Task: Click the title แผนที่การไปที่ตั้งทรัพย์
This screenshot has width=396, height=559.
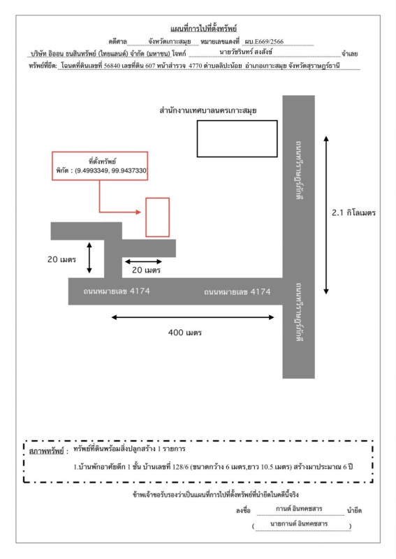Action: tap(203, 28)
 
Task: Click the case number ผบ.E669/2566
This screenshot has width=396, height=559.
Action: tap(264, 41)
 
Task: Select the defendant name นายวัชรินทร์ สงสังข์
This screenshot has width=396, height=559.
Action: tap(246, 52)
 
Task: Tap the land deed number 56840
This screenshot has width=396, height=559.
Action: tap(112, 66)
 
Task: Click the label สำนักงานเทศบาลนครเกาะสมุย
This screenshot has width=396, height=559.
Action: tap(208, 110)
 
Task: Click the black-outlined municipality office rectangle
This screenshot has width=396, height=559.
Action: tap(237, 121)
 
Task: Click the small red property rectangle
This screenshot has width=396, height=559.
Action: tap(158, 198)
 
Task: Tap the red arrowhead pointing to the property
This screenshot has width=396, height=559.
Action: tap(139, 212)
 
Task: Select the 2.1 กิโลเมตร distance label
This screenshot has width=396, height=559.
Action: tap(353, 213)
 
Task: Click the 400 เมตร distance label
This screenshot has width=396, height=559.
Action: tap(184, 333)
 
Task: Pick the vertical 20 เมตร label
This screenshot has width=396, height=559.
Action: tap(61, 259)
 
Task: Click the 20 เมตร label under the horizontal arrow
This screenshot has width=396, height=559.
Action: tap(146, 270)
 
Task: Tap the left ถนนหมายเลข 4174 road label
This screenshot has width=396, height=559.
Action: tap(117, 291)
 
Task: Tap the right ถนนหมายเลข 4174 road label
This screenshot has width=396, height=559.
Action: tap(237, 292)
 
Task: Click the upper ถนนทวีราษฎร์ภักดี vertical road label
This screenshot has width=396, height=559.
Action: tap(299, 170)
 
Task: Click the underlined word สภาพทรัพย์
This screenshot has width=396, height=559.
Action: tap(46, 451)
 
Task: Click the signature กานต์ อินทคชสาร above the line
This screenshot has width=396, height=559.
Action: tap(299, 509)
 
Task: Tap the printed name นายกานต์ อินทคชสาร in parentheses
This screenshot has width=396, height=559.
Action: tap(299, 523)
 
